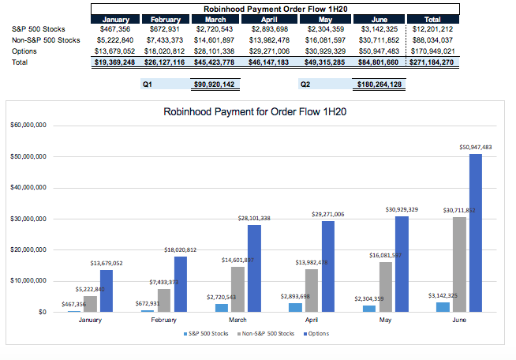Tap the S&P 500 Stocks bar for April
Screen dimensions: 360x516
294,307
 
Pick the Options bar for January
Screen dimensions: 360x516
106,291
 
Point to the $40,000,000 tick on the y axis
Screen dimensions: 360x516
28,188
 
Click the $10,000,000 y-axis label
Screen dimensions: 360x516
28,281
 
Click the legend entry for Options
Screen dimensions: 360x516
316,334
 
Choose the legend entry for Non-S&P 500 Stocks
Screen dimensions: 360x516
263,334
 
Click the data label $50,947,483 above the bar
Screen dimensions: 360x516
475,147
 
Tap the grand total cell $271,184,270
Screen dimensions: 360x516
432,62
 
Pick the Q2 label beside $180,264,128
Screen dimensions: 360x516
305,84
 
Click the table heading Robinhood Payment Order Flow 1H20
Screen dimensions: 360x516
275,9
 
